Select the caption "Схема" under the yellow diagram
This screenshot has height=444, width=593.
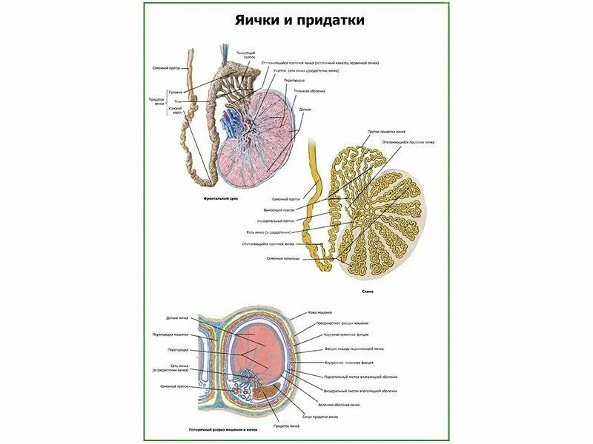coord(368,292)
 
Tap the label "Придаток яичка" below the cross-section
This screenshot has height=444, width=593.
coord(286,426)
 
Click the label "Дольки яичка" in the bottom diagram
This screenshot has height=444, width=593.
coord(178,318)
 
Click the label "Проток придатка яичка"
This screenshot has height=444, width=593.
coord(388,132)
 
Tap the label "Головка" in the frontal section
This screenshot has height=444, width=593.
coord(176,92)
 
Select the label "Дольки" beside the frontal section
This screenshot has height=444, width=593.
coord(305,110)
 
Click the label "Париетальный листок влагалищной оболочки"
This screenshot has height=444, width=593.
coord(359,377)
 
